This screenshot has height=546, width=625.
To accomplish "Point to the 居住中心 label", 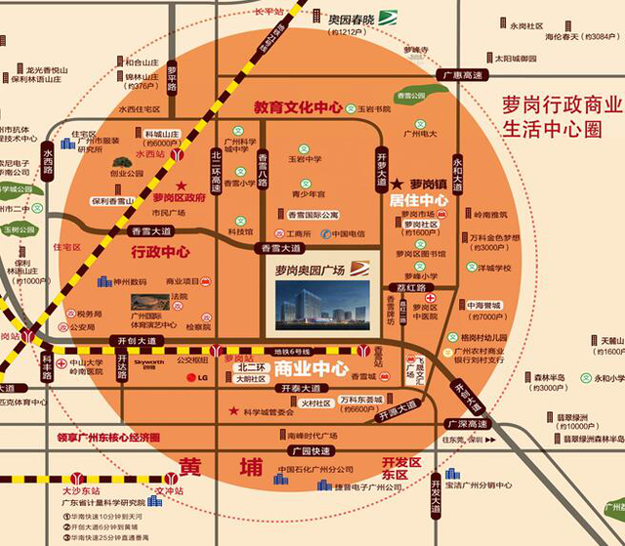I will pos(418,200).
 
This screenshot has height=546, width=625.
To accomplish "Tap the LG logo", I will pos(198,377).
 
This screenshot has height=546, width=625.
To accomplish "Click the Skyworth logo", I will pos(149,361).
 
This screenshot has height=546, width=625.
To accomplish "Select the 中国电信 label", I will pos(348,233).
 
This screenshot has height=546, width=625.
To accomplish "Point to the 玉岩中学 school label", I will pos(305,158).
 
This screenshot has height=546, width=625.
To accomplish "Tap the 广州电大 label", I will pos(419,133).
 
